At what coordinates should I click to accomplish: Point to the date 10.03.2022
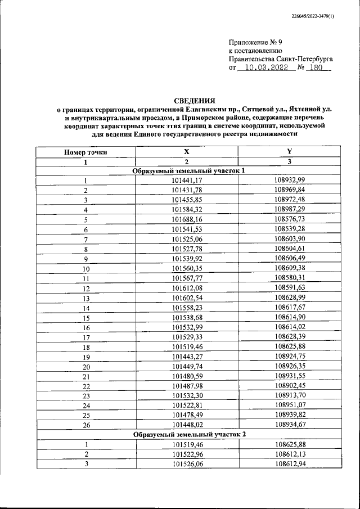[263, 67]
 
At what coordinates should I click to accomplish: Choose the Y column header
[289, 152]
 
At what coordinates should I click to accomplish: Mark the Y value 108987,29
[289, 209]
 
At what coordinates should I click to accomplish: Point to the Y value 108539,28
[289, 229]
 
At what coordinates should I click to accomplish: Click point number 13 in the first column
[86, 298]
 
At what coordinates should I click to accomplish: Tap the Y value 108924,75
[289, 356]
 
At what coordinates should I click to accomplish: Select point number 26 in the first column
[86, 425]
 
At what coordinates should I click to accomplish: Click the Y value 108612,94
[289, 463]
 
